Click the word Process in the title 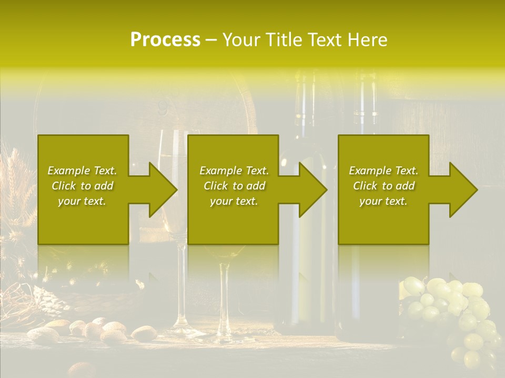[x=165, y=40]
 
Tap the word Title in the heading [x=282, y=40]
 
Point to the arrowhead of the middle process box [x=312, y=190]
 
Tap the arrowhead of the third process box [x=463, y=190]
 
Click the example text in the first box [x=82, y=186]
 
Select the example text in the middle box [x=234, y=186]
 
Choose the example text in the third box [x=383, y=186]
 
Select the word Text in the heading [x=325, y=40]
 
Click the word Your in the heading [x=241, y=40]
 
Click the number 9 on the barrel [x=163, y=108]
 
